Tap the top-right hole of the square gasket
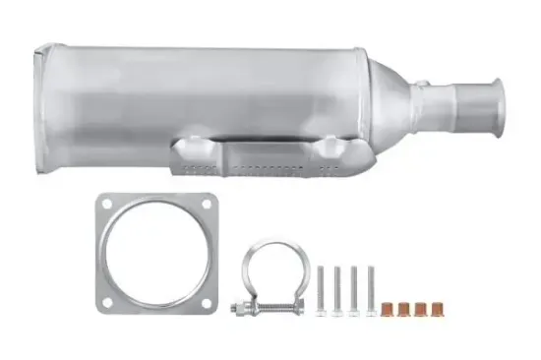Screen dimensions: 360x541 [206, 204]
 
